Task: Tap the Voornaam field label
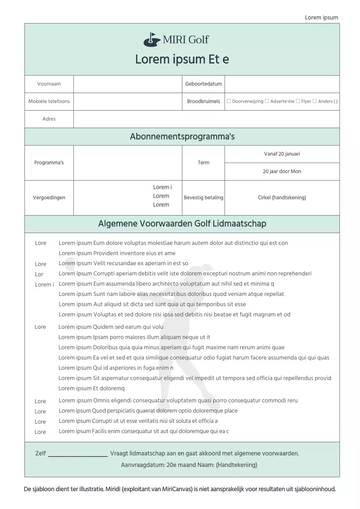(x=49, y=84)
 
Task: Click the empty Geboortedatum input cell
(x=282, y=84)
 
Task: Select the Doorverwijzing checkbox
(x=229, y=101)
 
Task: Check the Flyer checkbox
(x=298, y=101)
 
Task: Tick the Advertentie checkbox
(x=267, y=101)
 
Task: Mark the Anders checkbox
(x=315, y=101)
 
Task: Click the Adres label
(x=49, y=119)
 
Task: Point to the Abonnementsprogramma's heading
(x=182, y=137)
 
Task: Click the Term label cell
(x=203, y=163)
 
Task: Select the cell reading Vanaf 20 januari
(x=282, y=154)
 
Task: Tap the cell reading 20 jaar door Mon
(x=282, y=171)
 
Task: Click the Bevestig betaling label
(x=203, y=198)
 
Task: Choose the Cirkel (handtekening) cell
(x=282, y=198)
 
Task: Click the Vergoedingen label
(x=49, y=198)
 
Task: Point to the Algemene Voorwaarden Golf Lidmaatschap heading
(x=182, y=224)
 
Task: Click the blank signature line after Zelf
(x=78, y=454)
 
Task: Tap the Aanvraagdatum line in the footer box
(x=189, y=465)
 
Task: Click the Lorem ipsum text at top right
(x=321, y=17)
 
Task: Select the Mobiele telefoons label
(x=49, y=101)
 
